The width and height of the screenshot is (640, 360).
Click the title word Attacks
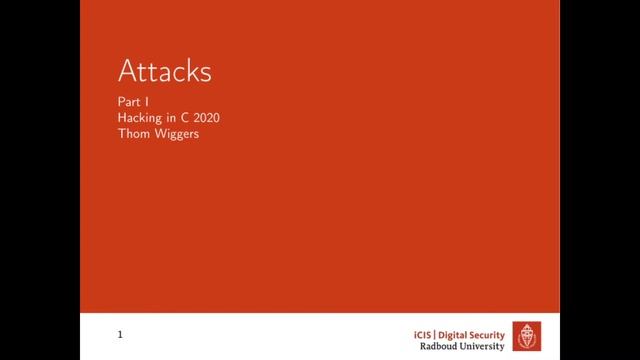(165, 72)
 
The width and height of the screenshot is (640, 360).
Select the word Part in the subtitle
(128, 102)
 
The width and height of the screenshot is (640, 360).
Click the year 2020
(205, 118)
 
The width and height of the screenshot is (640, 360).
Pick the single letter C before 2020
(186, 118)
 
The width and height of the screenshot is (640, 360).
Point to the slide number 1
(120, 334)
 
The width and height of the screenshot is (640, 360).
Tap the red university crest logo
(528, 335)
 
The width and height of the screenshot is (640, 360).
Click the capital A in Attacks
(128, 72)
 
